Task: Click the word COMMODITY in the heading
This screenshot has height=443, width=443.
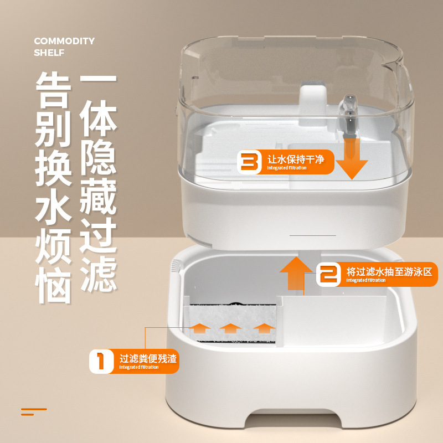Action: click(64, 41)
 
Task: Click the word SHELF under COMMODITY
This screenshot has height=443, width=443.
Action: click(49, 53)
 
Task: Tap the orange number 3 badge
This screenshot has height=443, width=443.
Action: click(249, 162)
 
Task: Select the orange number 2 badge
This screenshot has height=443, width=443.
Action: click(328, 274)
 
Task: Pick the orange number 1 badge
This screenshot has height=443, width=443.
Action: click(101, 362)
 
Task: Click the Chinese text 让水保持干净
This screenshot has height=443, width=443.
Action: click(296, 159)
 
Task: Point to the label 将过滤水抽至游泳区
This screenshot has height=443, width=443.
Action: click(389, 272)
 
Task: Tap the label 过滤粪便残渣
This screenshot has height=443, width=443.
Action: click(148, 358)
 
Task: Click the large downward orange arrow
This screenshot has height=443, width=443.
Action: click(352, 159)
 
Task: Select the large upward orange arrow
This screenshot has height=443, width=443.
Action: click(296, 273)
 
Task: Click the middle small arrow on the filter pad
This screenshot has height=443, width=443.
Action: click(230, 328)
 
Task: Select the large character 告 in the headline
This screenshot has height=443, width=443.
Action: click(53, 90)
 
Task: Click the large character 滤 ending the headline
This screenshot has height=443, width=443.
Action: click(99, 274)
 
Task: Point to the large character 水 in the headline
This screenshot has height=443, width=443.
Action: click(53, 207)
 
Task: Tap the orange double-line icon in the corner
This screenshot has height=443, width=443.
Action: click(34, 412)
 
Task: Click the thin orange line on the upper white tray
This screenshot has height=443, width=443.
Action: click(313, 235)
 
